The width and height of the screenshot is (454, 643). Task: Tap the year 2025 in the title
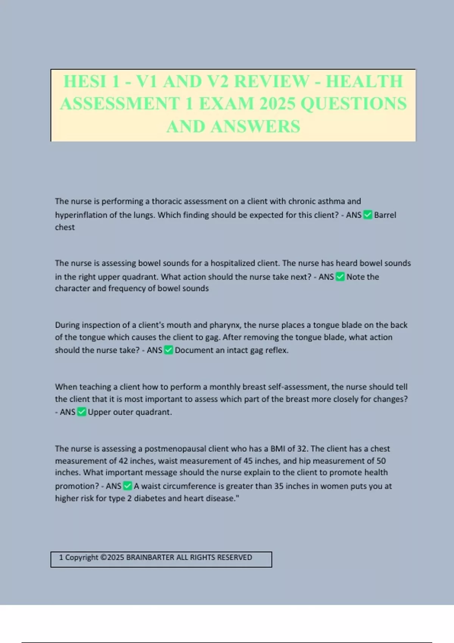pyautogui.click(x=276, y=104)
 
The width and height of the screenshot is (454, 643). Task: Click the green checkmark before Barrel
pyautogui.click(x=368, y=215)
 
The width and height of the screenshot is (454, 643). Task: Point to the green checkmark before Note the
pyautogui.click(x=340, y=277)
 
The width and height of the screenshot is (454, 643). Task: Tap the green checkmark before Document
pyautogui.click(x=168, y=350)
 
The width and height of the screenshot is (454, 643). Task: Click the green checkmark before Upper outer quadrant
pyautogui.click(x=81, y=412)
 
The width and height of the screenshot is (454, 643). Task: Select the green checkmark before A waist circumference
pyautogui.click(x=127, y=486)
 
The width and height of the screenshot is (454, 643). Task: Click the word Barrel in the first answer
pyautogui.click(x=385, y=215)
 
